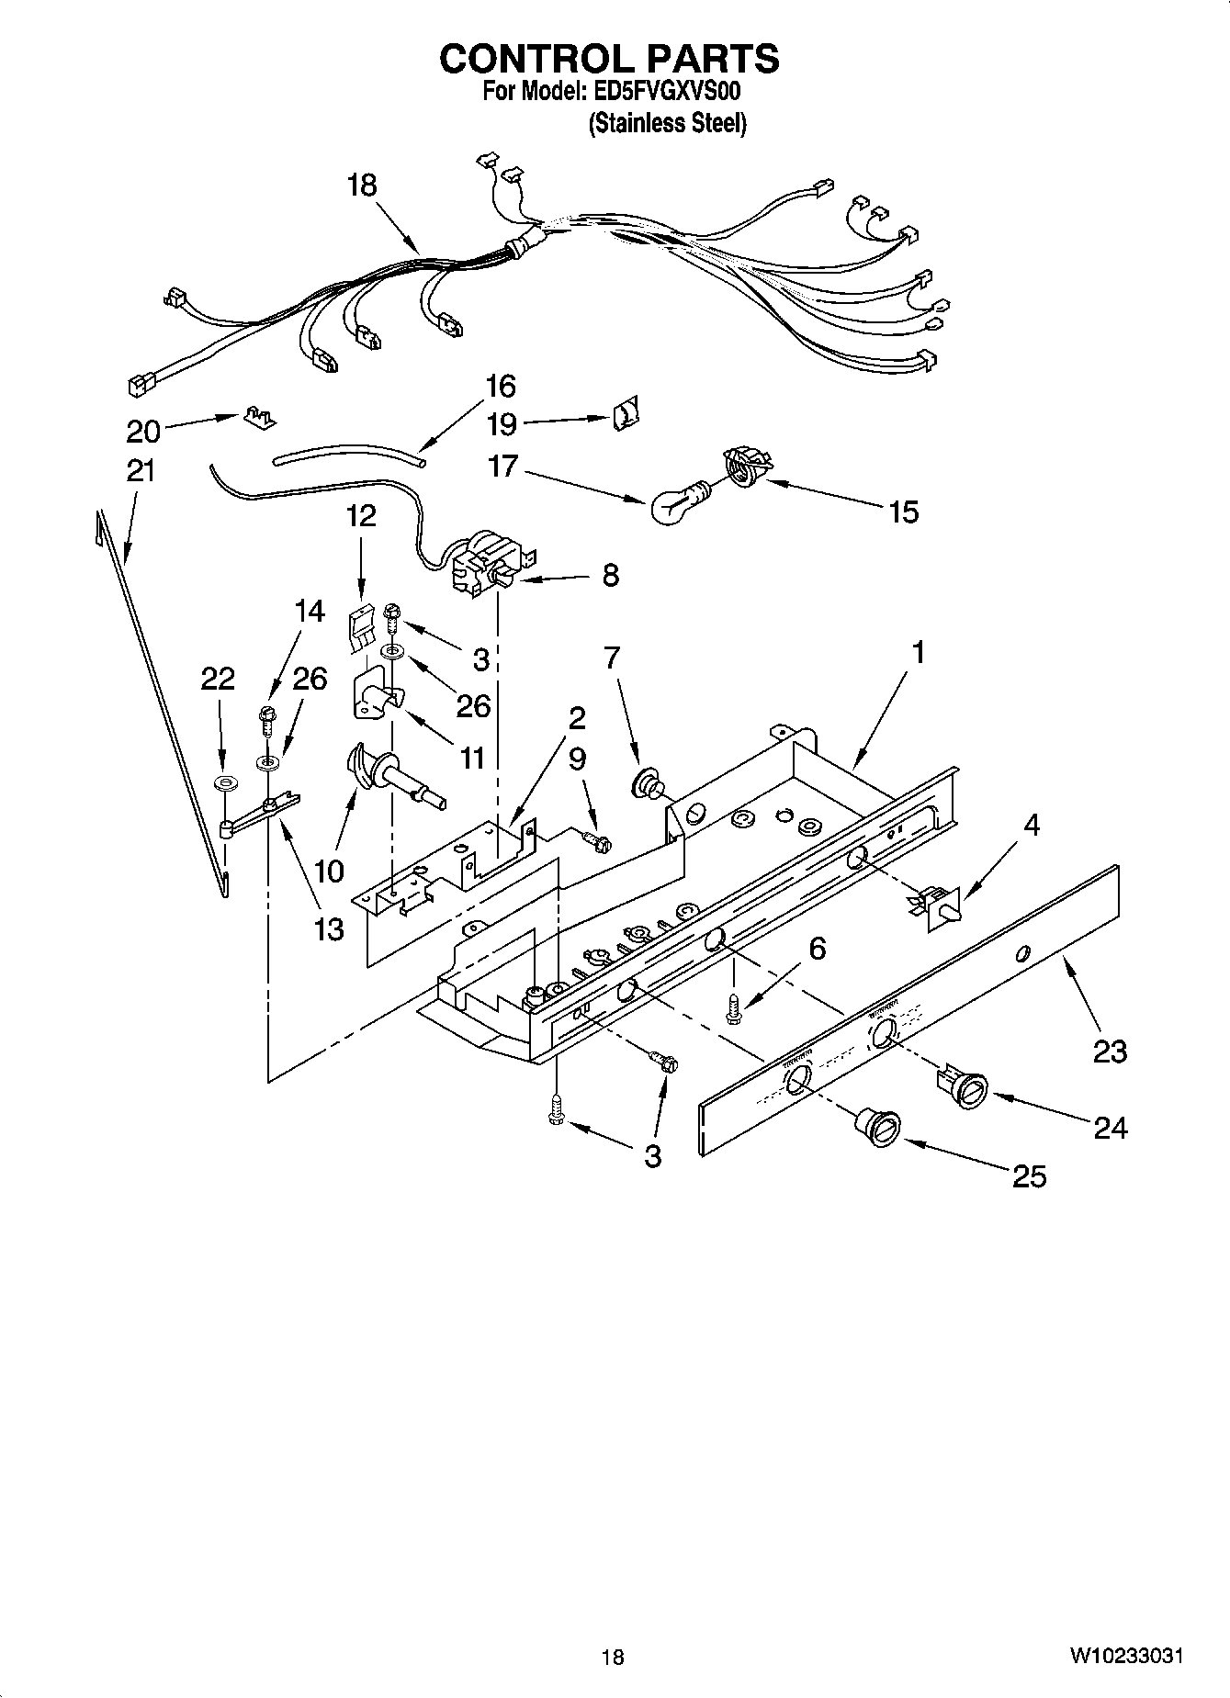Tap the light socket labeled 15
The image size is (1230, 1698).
tap(745, 463)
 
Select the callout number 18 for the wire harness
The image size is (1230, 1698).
tap(362, 186)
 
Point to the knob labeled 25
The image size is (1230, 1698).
tap(878, 1126)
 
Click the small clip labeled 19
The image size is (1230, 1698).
tap(626, 416)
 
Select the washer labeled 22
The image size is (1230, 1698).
tap(222, 783)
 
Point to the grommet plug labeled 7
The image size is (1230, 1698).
tap(649, 785)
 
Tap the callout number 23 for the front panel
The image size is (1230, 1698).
tap(1109, 1050)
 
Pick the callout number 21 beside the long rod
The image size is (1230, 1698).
tap(141, 471)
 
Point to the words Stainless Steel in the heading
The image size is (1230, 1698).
tap(667, 123)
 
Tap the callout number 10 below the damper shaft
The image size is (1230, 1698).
tap(329, 871)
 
